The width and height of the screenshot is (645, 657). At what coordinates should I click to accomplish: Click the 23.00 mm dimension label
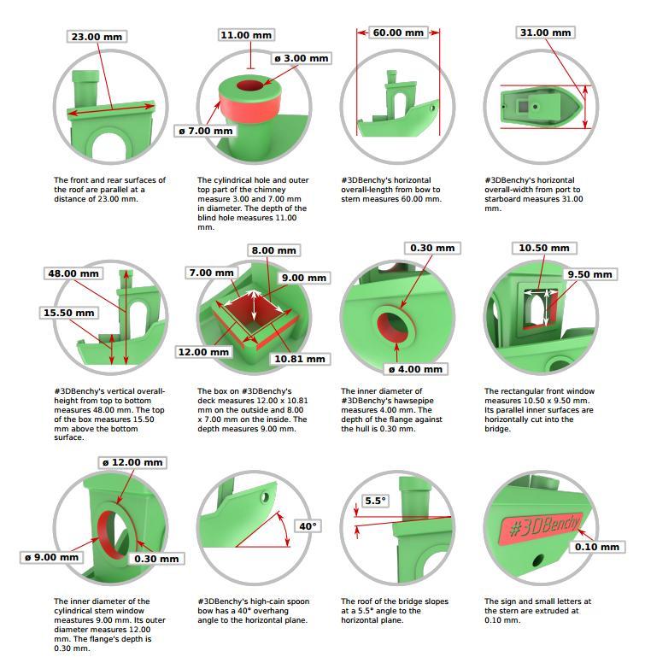point(97,37)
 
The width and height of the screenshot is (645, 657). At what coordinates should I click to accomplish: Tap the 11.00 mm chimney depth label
point(246,35)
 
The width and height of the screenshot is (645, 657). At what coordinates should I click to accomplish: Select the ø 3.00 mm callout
point(302,58)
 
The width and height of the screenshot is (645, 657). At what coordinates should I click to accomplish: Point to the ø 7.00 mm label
point(206,131)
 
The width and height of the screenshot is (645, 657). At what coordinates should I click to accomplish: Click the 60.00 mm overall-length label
point(398,32)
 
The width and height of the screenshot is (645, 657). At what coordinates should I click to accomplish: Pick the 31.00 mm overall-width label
point(545,32)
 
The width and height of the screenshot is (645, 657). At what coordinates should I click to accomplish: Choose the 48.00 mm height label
point(73,273)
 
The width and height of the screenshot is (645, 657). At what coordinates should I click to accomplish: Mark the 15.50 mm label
point(68,313)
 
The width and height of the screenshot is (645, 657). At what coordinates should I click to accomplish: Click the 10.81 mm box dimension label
point(300,359)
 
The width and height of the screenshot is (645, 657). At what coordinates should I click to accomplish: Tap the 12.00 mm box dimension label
point(203,352)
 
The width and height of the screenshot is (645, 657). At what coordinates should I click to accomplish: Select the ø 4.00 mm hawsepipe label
point(416,369)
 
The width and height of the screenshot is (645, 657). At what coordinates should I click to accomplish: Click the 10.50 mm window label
point(544,248)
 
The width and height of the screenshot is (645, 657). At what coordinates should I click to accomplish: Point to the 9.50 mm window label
point(589,274)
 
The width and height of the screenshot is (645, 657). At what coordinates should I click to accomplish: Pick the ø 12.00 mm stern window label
point(132,462)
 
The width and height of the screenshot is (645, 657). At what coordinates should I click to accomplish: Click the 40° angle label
point(308,525)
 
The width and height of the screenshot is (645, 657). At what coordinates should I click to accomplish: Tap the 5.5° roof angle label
point(375,501)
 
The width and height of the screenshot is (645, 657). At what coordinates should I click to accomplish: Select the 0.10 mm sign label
point(597,547)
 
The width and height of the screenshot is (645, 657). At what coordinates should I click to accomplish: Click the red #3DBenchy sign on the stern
point(541,525)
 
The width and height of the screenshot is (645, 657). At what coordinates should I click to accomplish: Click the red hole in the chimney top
point(249,85)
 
